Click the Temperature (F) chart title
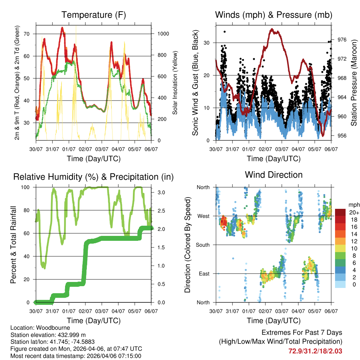click(94, 15)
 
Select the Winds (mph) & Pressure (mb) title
click(274, 15)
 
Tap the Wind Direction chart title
click(274, 175)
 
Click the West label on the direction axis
click(203, 216)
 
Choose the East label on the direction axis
click(204, 274)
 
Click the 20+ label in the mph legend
click(354, 212)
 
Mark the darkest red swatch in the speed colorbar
click(340, 212)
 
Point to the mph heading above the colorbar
click(353, 205)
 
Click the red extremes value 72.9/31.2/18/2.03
click(315, 351)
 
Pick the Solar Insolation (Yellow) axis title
click(175, 83)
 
